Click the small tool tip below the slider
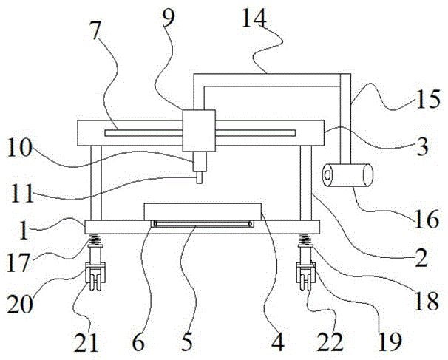tap(199, 177)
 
